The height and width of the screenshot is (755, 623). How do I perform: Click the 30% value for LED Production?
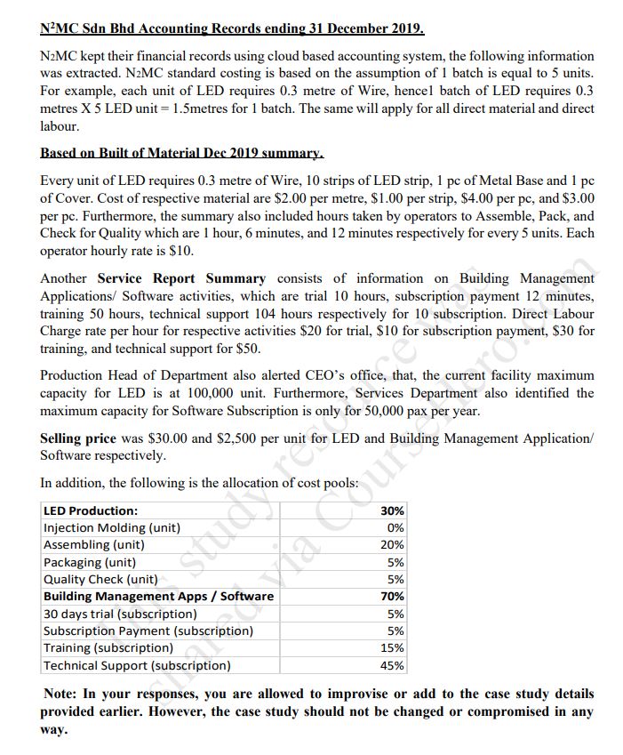click(392, 510)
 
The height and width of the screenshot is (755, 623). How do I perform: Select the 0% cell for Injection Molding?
click(395, 527)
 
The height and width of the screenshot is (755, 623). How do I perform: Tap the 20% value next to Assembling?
click(392, 544)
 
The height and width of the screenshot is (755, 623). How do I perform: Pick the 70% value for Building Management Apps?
click(392, 596)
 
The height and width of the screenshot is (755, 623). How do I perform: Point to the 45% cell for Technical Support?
click(392, 665)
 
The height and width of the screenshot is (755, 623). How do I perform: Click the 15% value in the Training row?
click(392, 648)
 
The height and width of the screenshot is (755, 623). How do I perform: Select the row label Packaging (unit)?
click(89, 562)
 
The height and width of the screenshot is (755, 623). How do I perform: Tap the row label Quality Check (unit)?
click(100, 579)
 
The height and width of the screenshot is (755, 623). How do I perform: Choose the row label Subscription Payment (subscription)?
click(148, 631)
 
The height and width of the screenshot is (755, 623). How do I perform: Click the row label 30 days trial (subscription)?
click(120, 614)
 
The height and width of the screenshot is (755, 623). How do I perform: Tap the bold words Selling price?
click(78, 438)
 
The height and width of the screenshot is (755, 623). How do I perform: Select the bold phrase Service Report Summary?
click(181, 278)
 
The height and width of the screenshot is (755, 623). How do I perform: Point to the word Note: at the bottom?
click(60, 694)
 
